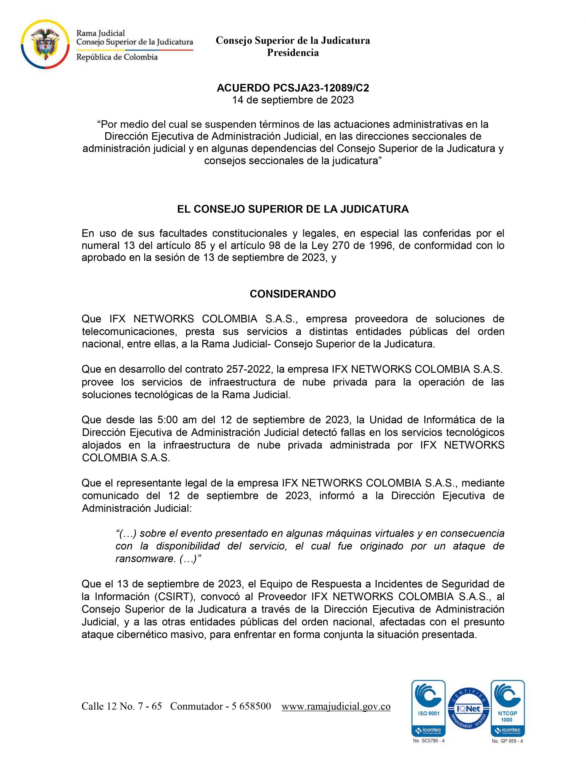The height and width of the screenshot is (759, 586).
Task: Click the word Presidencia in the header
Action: (x=292, y=53)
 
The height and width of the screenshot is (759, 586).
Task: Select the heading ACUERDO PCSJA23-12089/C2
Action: (x=293, y=88)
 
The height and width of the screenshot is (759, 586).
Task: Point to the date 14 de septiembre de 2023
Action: (x=293, y=100)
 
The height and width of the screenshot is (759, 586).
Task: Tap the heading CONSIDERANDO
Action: (x=293, y=294)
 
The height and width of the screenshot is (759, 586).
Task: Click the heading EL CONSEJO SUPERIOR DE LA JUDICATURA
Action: (x=293, y=209)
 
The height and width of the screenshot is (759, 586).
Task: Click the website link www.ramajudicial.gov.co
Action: (x=336, y=707)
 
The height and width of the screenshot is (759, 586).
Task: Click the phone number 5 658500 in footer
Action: (x=251, y=707)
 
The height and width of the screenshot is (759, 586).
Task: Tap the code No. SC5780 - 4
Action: (x=428, y=741)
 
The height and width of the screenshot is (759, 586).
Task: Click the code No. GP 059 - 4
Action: (x=507, y=741)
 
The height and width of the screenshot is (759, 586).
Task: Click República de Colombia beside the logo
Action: (x=117, y=57)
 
